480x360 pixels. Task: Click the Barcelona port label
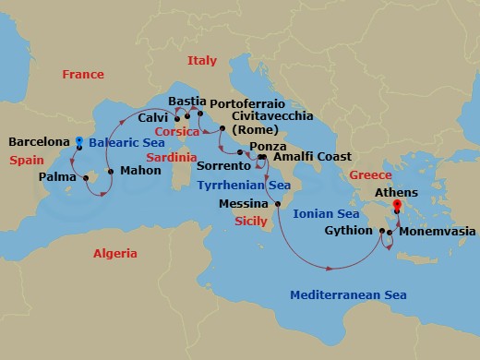39,142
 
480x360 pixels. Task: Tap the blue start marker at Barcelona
79,141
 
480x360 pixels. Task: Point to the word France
83,74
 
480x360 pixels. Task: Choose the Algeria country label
114,253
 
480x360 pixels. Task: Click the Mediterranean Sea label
348,295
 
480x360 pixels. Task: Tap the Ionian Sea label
325,212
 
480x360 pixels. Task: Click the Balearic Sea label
126,143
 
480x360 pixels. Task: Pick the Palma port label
57,175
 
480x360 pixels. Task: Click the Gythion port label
348,231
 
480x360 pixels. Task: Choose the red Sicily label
251,222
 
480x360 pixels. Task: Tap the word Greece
369,174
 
